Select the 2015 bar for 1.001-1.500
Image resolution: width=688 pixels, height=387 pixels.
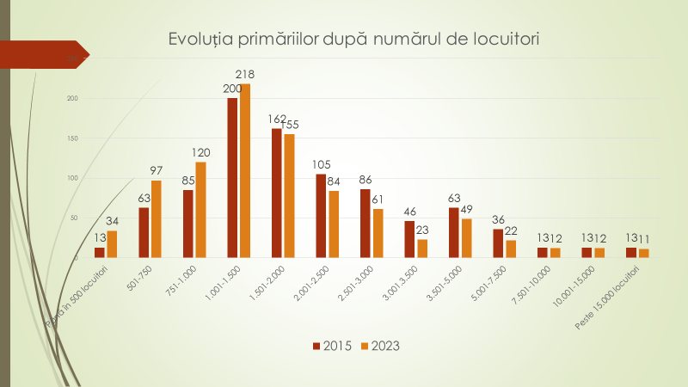[x=232, y=177]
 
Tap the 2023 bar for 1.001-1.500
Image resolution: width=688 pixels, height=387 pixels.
[x=245, y=170]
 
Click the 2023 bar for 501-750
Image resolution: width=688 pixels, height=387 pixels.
[x=157, y=218]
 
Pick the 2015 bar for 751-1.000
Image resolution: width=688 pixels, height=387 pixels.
[x=188, y=224]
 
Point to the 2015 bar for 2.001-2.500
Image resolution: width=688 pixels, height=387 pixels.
[x=321, y=216]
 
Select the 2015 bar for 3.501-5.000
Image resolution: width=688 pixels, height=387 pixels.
[x=453, y=232]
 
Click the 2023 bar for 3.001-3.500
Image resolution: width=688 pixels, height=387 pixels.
[x=422, y=249]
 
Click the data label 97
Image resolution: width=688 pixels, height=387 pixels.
[x=156, y=171]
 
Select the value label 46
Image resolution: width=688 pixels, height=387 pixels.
[x=409, y=212]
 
